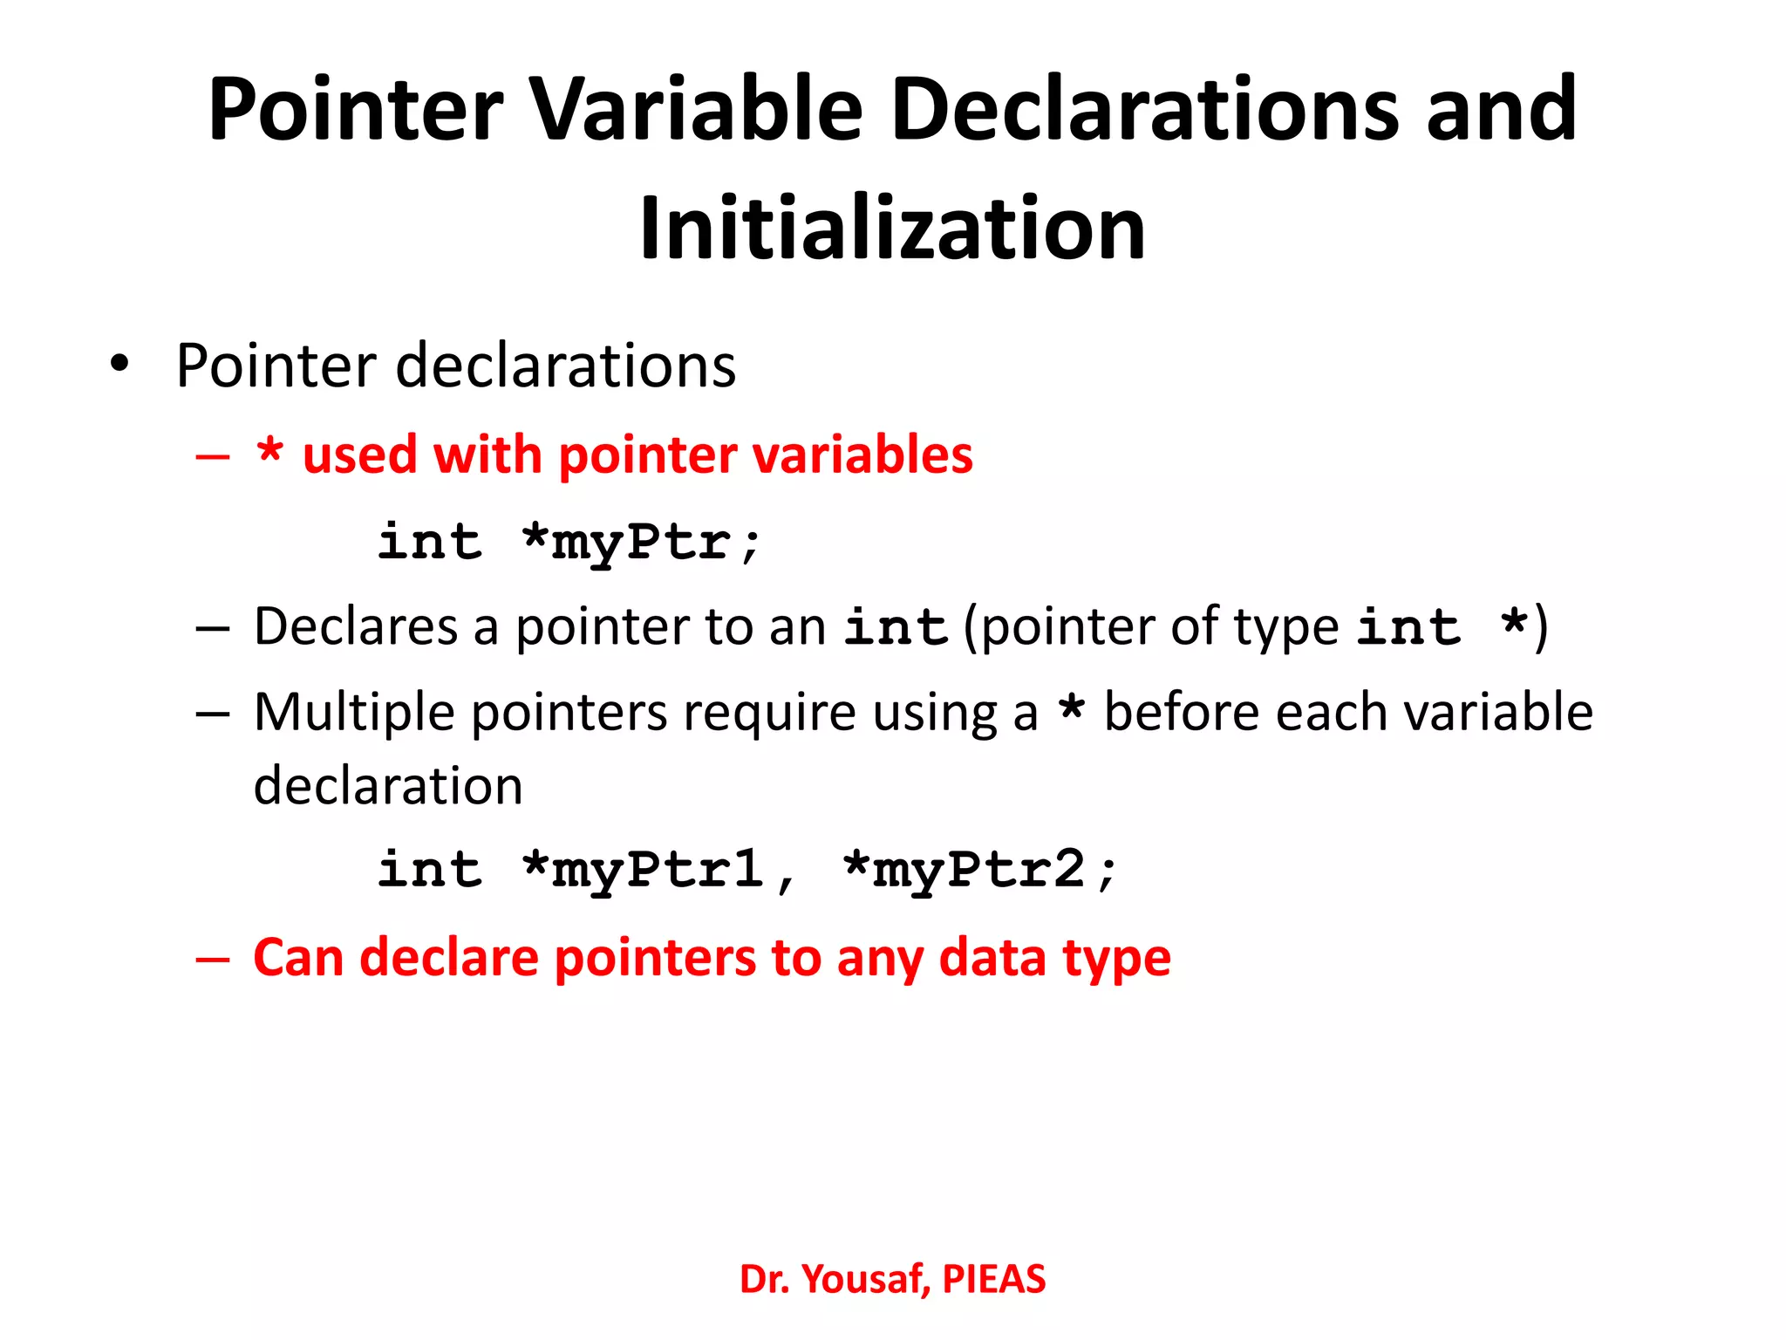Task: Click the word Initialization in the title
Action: (891, 229)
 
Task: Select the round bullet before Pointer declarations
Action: (119, 363)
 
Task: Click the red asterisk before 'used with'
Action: (269, 452)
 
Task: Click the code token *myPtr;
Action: (641, 543)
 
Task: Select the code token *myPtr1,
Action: (658, 871)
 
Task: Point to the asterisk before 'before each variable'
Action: (1071, 708)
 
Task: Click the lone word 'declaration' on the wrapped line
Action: (388, 785)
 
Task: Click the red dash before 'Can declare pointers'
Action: (213, 959)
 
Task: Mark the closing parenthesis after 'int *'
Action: (1541, 627)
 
